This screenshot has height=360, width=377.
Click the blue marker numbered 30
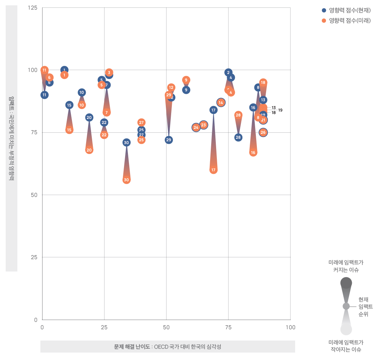[x=126, y=143]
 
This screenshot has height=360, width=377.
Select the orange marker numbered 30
[x=126, y=180]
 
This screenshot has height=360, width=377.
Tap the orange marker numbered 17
[x=213, y=170]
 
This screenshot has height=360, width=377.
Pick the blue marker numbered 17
[x=213, y=110]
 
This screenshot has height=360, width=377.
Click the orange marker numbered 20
[x=89, y=150]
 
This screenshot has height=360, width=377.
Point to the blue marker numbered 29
[x=169, y=140]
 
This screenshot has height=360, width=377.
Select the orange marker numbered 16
[x=253, y=153]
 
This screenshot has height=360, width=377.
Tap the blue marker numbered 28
[x=238, y=137]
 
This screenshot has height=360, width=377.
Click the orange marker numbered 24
[x=196, y=127]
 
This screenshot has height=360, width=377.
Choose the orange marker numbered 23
[x=203, y=125]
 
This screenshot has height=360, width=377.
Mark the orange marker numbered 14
[x=221, y=103]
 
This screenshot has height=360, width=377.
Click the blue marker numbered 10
[x=82, y=92]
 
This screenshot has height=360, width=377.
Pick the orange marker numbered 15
[x=69, y=130]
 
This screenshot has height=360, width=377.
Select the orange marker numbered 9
[x=186, y=80]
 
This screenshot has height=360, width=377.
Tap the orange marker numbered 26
[x=263, y=132]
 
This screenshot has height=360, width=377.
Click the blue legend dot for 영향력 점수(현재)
[x=324, y=10]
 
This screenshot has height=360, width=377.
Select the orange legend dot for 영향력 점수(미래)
[x=324, y=21]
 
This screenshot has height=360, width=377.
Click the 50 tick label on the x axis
[x=166, y=327]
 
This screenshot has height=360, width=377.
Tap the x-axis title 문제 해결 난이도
[x=132, y=347]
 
